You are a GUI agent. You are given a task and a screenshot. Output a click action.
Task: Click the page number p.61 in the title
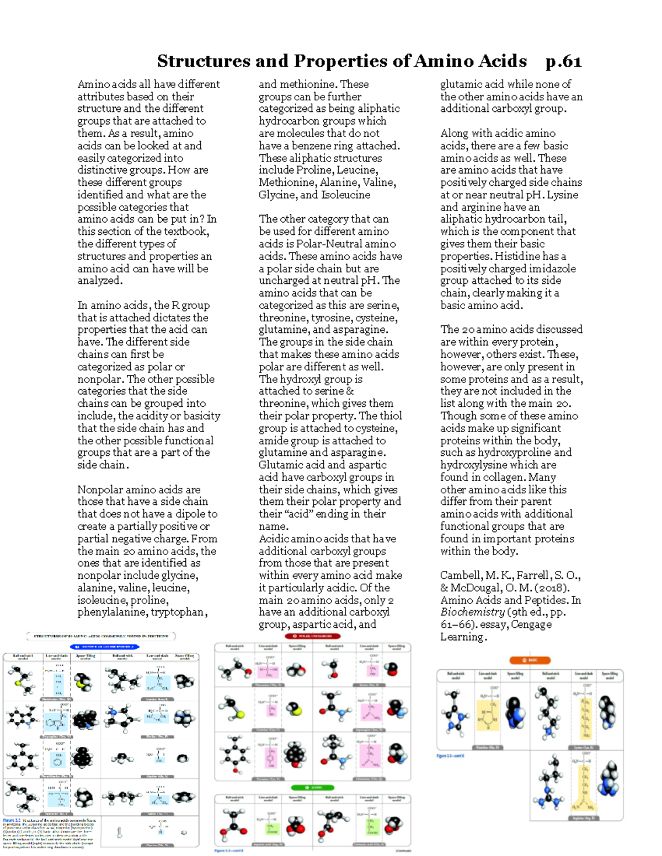563,61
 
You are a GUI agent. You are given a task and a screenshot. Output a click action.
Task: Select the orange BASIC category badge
530,660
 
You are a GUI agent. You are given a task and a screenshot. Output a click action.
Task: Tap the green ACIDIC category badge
312,788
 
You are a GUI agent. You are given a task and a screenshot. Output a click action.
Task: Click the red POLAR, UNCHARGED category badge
312,636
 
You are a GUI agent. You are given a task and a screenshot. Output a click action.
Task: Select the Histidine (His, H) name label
488,748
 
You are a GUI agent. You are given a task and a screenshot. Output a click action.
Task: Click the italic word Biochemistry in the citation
472,612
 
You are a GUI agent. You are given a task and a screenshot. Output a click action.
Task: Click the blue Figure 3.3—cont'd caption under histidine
450,756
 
